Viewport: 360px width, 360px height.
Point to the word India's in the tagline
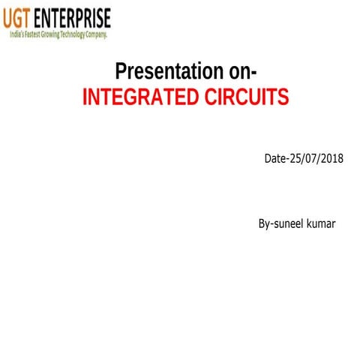pos(16,34)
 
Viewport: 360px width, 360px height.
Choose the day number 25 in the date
pos(295,159)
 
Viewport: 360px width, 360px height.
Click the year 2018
pos(331,159)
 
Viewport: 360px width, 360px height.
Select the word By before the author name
pos(264,224)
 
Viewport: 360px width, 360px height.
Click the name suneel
pos(288,224)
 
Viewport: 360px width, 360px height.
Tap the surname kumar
pos(322,224)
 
